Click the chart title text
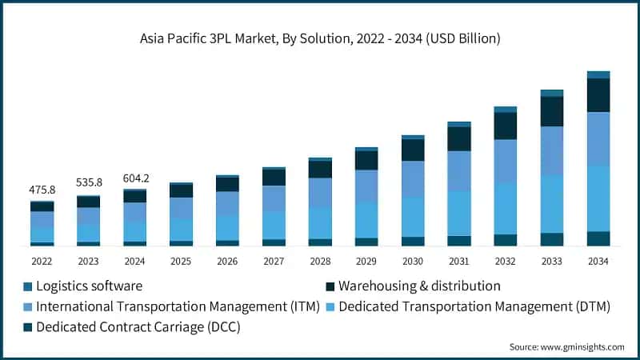[320, 38]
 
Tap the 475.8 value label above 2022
[42, 190]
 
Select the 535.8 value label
[89, 183]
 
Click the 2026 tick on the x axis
[227, 262]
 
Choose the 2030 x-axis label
[413, 262]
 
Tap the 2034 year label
[598, 262]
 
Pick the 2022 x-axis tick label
[42, 262]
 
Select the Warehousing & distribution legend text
[419, 286]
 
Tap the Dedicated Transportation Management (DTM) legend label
[474, 306]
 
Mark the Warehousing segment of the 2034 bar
[598, 94]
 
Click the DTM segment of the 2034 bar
[598, 198]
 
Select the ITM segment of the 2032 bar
[506, 162]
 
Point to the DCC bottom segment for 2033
[552, 239]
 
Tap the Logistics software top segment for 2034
[598, 74]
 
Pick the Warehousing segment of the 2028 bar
[320, 170]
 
